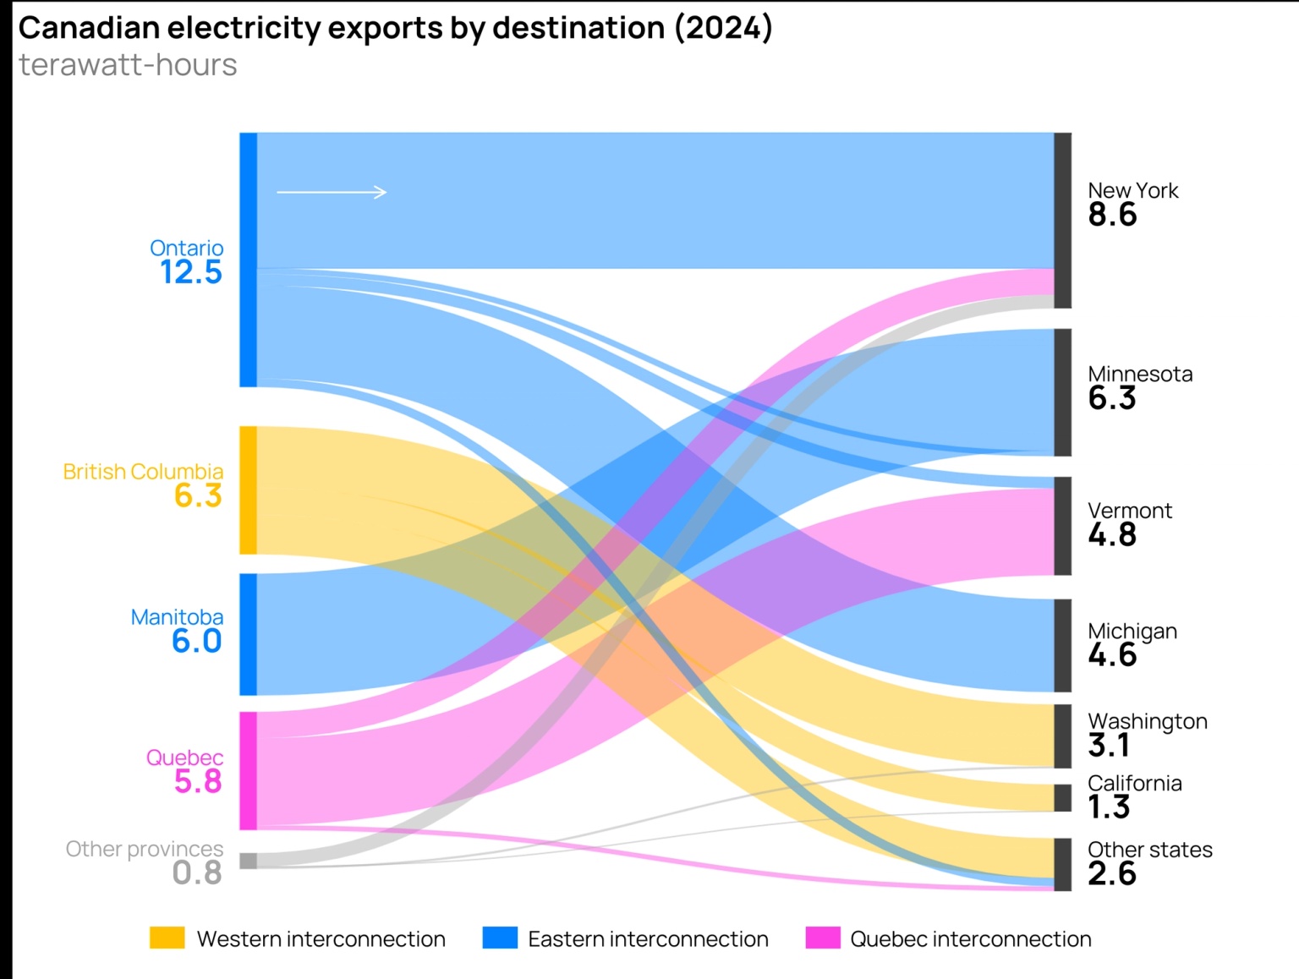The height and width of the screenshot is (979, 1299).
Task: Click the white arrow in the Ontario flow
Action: [332, 192]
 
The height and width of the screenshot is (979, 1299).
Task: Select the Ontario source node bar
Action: [248, 260]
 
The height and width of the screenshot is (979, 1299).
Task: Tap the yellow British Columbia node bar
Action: [248, 490]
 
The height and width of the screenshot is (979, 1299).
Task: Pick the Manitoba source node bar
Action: [248, 634]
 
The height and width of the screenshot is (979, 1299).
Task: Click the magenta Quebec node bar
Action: [248, 770]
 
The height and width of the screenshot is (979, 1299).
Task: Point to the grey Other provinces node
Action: [248, 861]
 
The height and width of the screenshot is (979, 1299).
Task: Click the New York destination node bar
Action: [1062, 220]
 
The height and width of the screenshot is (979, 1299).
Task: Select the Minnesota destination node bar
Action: [1062, 392]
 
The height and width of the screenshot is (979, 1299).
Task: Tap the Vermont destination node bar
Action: [1062, 526]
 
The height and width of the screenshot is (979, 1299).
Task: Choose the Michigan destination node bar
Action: [1062, 645]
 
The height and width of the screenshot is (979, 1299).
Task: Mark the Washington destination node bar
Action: [1062, 736]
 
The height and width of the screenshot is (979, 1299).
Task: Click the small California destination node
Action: [1062, 797]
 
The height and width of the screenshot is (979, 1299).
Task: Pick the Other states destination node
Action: [1062, 864]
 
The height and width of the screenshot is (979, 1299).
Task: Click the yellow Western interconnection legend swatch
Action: [167, 938]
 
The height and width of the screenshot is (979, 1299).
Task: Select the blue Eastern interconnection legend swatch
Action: [499, 938]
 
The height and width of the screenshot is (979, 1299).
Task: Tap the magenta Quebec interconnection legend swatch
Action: [822, 938]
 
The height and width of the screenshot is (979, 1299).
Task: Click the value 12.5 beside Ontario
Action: [191, 272]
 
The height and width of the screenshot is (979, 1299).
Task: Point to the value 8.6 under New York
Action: [1112, 215]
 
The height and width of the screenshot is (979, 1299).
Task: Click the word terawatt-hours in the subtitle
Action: [128, 65]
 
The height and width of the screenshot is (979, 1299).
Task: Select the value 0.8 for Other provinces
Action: [196, 872]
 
